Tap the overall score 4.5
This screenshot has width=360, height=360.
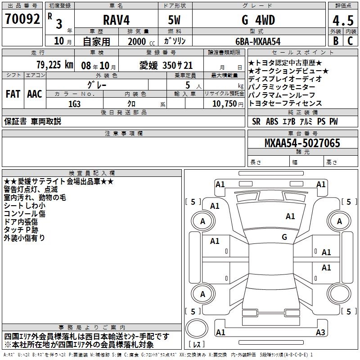pos(342,21)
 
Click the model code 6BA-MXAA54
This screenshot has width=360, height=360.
pos(258,41)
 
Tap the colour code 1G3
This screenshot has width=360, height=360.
pos(75,103)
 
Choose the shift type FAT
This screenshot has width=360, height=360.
pos(13,94)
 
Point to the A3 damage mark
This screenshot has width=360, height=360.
pos(320,333)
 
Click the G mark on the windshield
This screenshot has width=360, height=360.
pos(284,237)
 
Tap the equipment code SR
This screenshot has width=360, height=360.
pos(256,121)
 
